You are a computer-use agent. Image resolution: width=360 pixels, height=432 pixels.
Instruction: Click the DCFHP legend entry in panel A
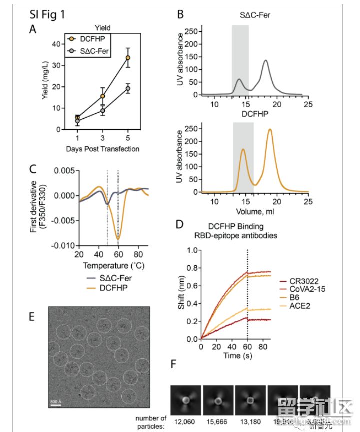pos(90,39)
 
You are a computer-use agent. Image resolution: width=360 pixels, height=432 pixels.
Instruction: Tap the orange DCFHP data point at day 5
pos(128,58)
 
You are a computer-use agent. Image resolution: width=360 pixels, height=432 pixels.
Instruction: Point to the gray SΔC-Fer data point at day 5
pos(128,88)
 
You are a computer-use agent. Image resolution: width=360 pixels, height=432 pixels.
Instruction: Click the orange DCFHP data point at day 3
pos(103,96)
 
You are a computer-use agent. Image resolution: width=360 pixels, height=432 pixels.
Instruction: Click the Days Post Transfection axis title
pos(102,149)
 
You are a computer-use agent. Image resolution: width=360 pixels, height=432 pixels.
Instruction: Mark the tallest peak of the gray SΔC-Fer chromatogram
pos(265,61)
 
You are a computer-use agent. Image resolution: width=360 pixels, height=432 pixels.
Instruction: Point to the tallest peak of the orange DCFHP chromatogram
pos(270,129)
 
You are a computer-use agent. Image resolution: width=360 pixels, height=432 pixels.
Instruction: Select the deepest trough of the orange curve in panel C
pos(119,238)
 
